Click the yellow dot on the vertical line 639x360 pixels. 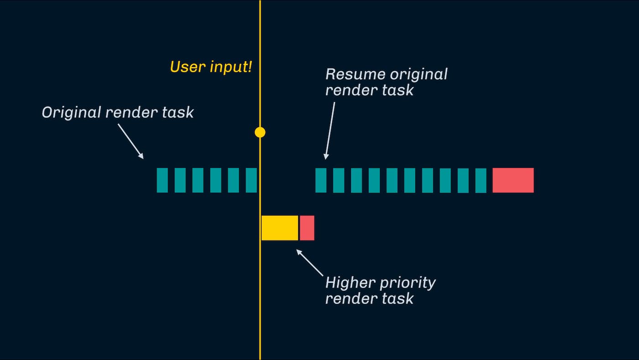point(260,132)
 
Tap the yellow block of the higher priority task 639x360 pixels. point(280,228)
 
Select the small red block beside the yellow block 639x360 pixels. point(307,228)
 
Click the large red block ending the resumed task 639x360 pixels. point(513,180)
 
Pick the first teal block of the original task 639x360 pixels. point(162,180)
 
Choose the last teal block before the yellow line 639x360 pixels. point(251,180)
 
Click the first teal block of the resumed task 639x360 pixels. point(321,180)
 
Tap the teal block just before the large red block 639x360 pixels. point(481,180)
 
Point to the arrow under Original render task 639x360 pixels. point(131,141)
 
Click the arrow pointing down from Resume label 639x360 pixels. point(330,130)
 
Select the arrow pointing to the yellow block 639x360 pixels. point(310,263)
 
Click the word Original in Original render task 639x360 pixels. point(72,113)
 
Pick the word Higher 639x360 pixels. point(351,283)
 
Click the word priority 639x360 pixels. point(408,283)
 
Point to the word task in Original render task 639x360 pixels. point(178,112)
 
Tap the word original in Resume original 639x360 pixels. point(419,74)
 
